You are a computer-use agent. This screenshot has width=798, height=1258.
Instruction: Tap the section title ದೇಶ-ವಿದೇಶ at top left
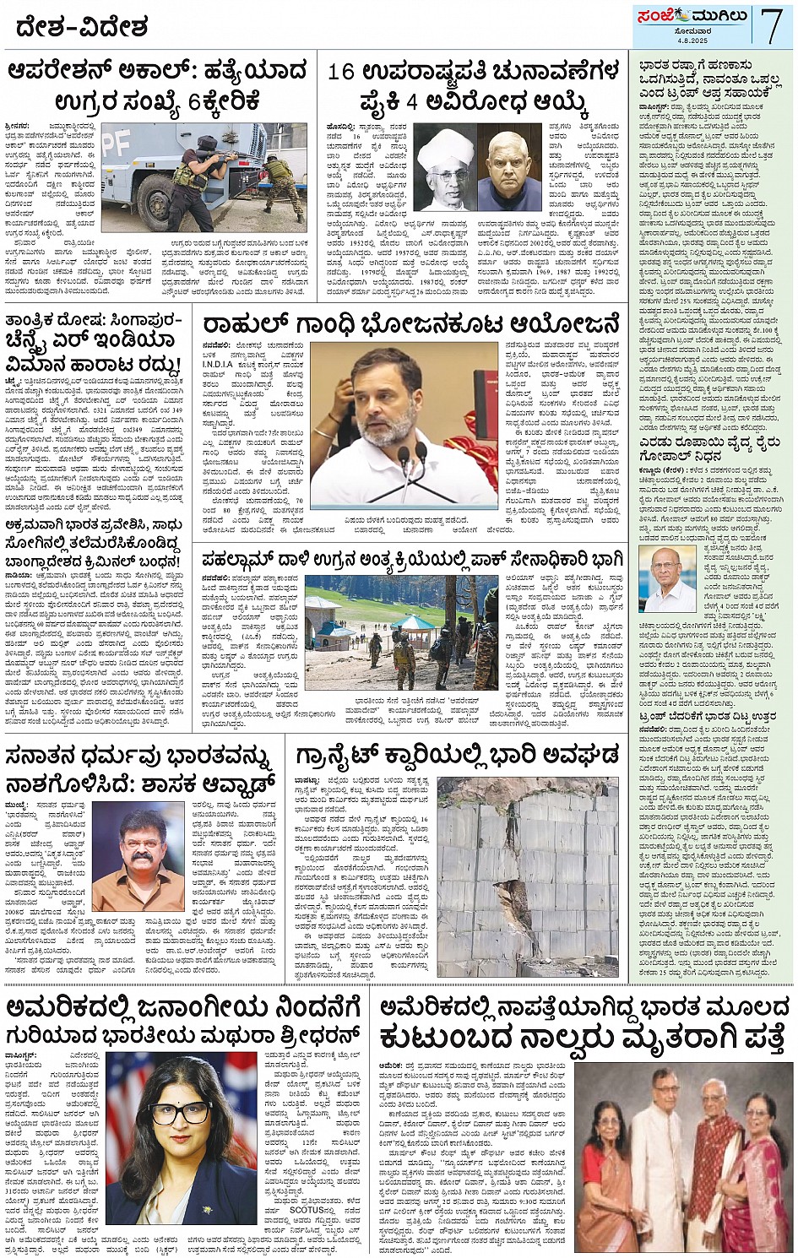pyautogui.click(x=81, y=27)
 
